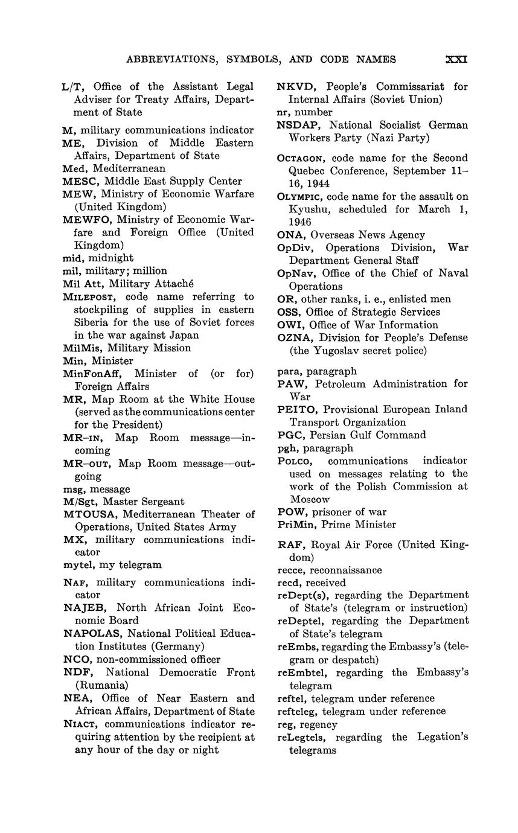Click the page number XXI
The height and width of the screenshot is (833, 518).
pos(456,59)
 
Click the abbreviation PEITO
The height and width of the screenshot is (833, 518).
pos(295,409)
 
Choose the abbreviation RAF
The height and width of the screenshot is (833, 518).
pos(289,545)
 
